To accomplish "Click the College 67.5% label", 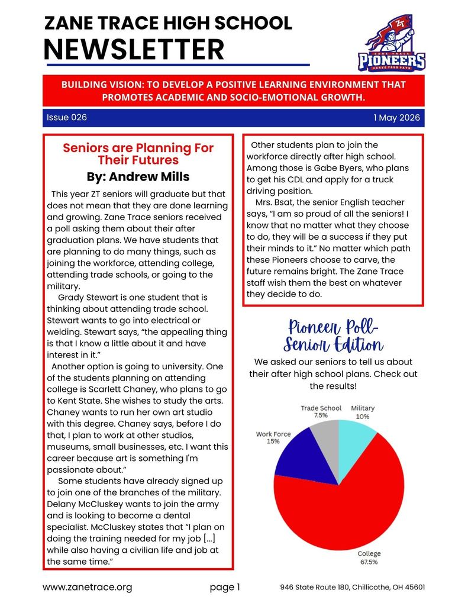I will pos(369,558).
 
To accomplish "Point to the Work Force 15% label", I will pos(273,438).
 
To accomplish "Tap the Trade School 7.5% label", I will pos(321,412).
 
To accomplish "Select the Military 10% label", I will pos(363,412).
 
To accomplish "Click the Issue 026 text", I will pos(67,118).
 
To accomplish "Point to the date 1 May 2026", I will pos(396,118).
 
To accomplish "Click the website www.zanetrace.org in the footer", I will pos(87,587).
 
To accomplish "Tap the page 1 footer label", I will pos(225,587).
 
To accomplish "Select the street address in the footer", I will pos(352,587).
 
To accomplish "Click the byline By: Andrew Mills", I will pos(138,176).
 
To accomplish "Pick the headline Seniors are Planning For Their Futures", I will pos(138,154).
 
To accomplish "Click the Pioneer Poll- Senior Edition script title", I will pos(334,335).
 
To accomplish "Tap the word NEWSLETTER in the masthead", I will pos(134,49).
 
